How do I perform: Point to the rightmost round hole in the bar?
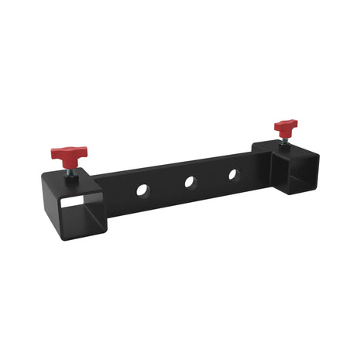click(231, 174)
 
